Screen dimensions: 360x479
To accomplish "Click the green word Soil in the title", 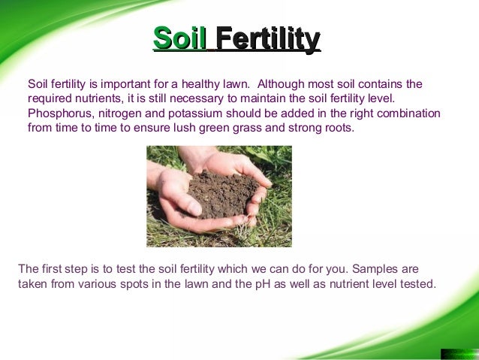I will pyautogui.click(x=179, y=39).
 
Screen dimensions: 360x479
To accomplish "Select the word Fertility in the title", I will pyautogui.click(x=268, y=39).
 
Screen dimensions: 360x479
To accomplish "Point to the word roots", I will pyautogui.click(x=335, y=128).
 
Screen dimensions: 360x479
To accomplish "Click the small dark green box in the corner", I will pyautogui.click(x=459, y=353).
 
